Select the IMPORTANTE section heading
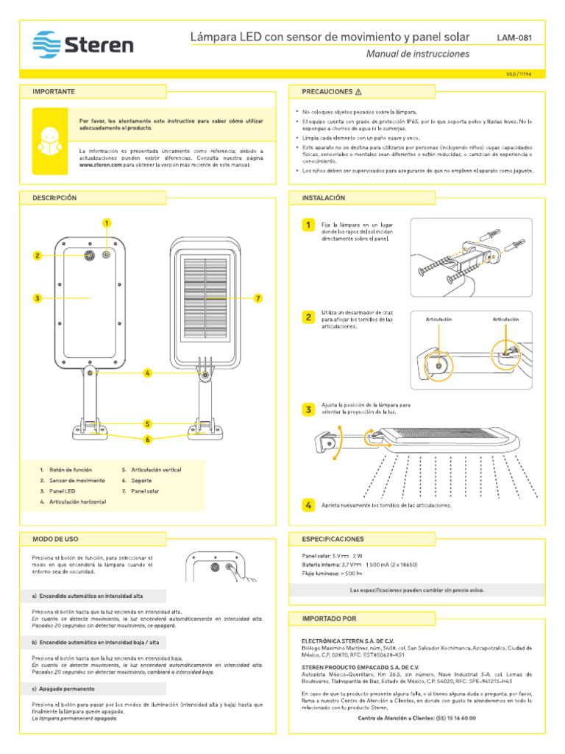click(54, 91)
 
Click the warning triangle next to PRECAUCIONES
click(358, 92)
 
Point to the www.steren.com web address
click(100, 165)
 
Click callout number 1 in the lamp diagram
click(107, 223)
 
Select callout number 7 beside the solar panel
click(258, 298)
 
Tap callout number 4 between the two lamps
click(148, 373)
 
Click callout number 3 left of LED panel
click(36, 298)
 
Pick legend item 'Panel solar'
click(143, 490)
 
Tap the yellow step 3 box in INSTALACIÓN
click(309, 409)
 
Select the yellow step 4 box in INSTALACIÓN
click(309, 505)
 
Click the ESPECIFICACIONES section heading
click(333, 539)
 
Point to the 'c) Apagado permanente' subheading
click(63, 689)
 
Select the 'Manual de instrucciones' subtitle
click(417, 54)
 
